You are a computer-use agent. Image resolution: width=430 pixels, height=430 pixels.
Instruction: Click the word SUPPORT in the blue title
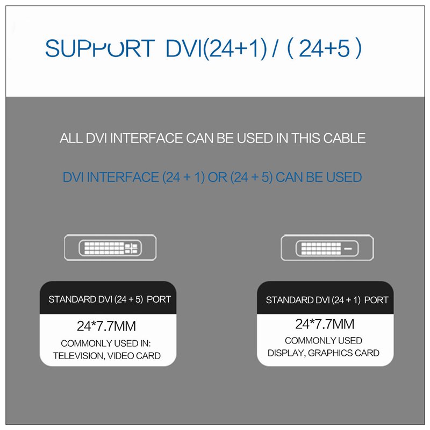100,48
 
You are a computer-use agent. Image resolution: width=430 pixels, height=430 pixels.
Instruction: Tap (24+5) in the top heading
325,48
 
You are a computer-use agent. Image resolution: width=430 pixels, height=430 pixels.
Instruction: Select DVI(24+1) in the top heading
217,48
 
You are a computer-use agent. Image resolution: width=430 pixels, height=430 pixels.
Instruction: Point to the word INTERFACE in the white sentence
146,138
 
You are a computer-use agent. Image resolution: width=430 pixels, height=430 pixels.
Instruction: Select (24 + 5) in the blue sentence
252,177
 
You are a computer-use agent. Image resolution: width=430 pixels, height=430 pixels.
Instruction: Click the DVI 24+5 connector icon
110,247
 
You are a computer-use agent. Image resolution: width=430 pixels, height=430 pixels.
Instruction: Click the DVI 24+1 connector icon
327,248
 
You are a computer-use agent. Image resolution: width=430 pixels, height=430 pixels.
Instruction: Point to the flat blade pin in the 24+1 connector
348,249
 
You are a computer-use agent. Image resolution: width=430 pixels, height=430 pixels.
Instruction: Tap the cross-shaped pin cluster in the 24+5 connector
131,248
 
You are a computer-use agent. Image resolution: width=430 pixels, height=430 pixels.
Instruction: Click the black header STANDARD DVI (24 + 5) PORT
110,299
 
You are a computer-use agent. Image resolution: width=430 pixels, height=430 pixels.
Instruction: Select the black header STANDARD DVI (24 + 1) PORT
327,300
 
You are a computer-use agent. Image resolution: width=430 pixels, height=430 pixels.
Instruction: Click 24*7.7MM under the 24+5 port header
106,326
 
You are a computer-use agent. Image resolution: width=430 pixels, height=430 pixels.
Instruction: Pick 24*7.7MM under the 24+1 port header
325,324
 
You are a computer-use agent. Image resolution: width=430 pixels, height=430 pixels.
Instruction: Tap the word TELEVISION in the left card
79,356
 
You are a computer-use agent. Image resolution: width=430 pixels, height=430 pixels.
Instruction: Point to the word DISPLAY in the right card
286,353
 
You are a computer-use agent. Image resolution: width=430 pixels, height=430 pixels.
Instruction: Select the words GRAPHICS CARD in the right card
343,353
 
